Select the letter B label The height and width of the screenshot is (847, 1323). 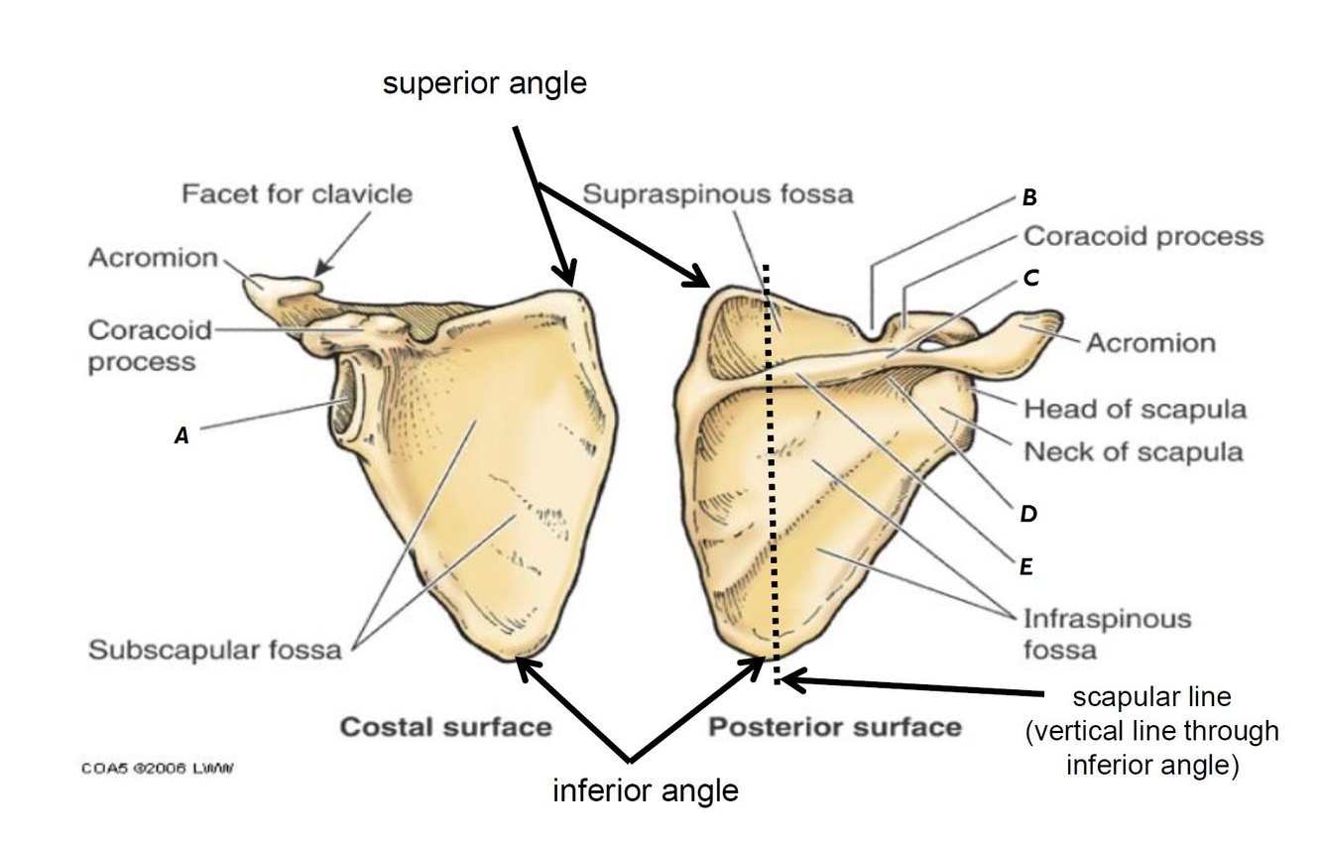pos(1029,197)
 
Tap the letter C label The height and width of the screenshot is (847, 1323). pos(1030,279)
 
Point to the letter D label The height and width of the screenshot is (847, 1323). pos(1028,514)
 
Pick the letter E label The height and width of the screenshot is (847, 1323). pos(1026,566)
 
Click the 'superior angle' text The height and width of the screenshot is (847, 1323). pos(485,84)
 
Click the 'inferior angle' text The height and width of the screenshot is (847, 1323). pos(645,790)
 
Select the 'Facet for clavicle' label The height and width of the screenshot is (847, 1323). pos(296,193)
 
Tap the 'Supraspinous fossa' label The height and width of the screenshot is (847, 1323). pos(717,193)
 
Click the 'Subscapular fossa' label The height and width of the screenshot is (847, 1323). pos(214,651)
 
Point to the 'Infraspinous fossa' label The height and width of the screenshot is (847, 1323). pos(1107,634)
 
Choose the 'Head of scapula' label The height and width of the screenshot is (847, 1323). pos(1135,408)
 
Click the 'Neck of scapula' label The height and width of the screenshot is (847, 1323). pos(1133,452)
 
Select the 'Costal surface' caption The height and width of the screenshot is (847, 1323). pos(445,727)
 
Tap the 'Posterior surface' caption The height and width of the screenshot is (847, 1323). pos(834,727)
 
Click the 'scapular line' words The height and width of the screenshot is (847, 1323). pos(1151,698)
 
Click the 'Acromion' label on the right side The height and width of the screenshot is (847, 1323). pos(1150,343)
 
